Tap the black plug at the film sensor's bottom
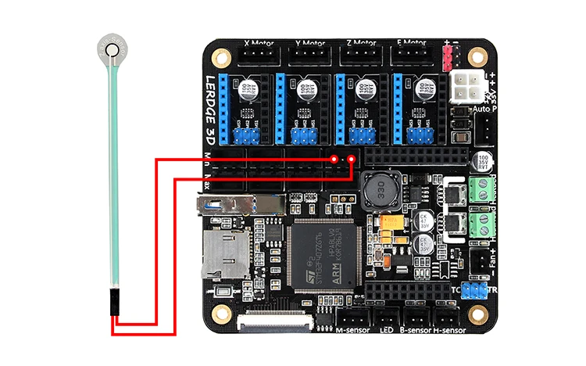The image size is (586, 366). pyautogui.click(x=116, y=302)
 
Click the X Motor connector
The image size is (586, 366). pyautogui.click(x=257, y=56)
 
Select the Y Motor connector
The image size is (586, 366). pyautogui.click(x=309, y=56)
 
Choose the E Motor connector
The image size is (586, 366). pyautogui.click(x=412, y=56)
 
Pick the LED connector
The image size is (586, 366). pyautogui.click(x=387, y=318)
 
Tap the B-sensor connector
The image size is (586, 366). pyautogui.click(x=416, y=318)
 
